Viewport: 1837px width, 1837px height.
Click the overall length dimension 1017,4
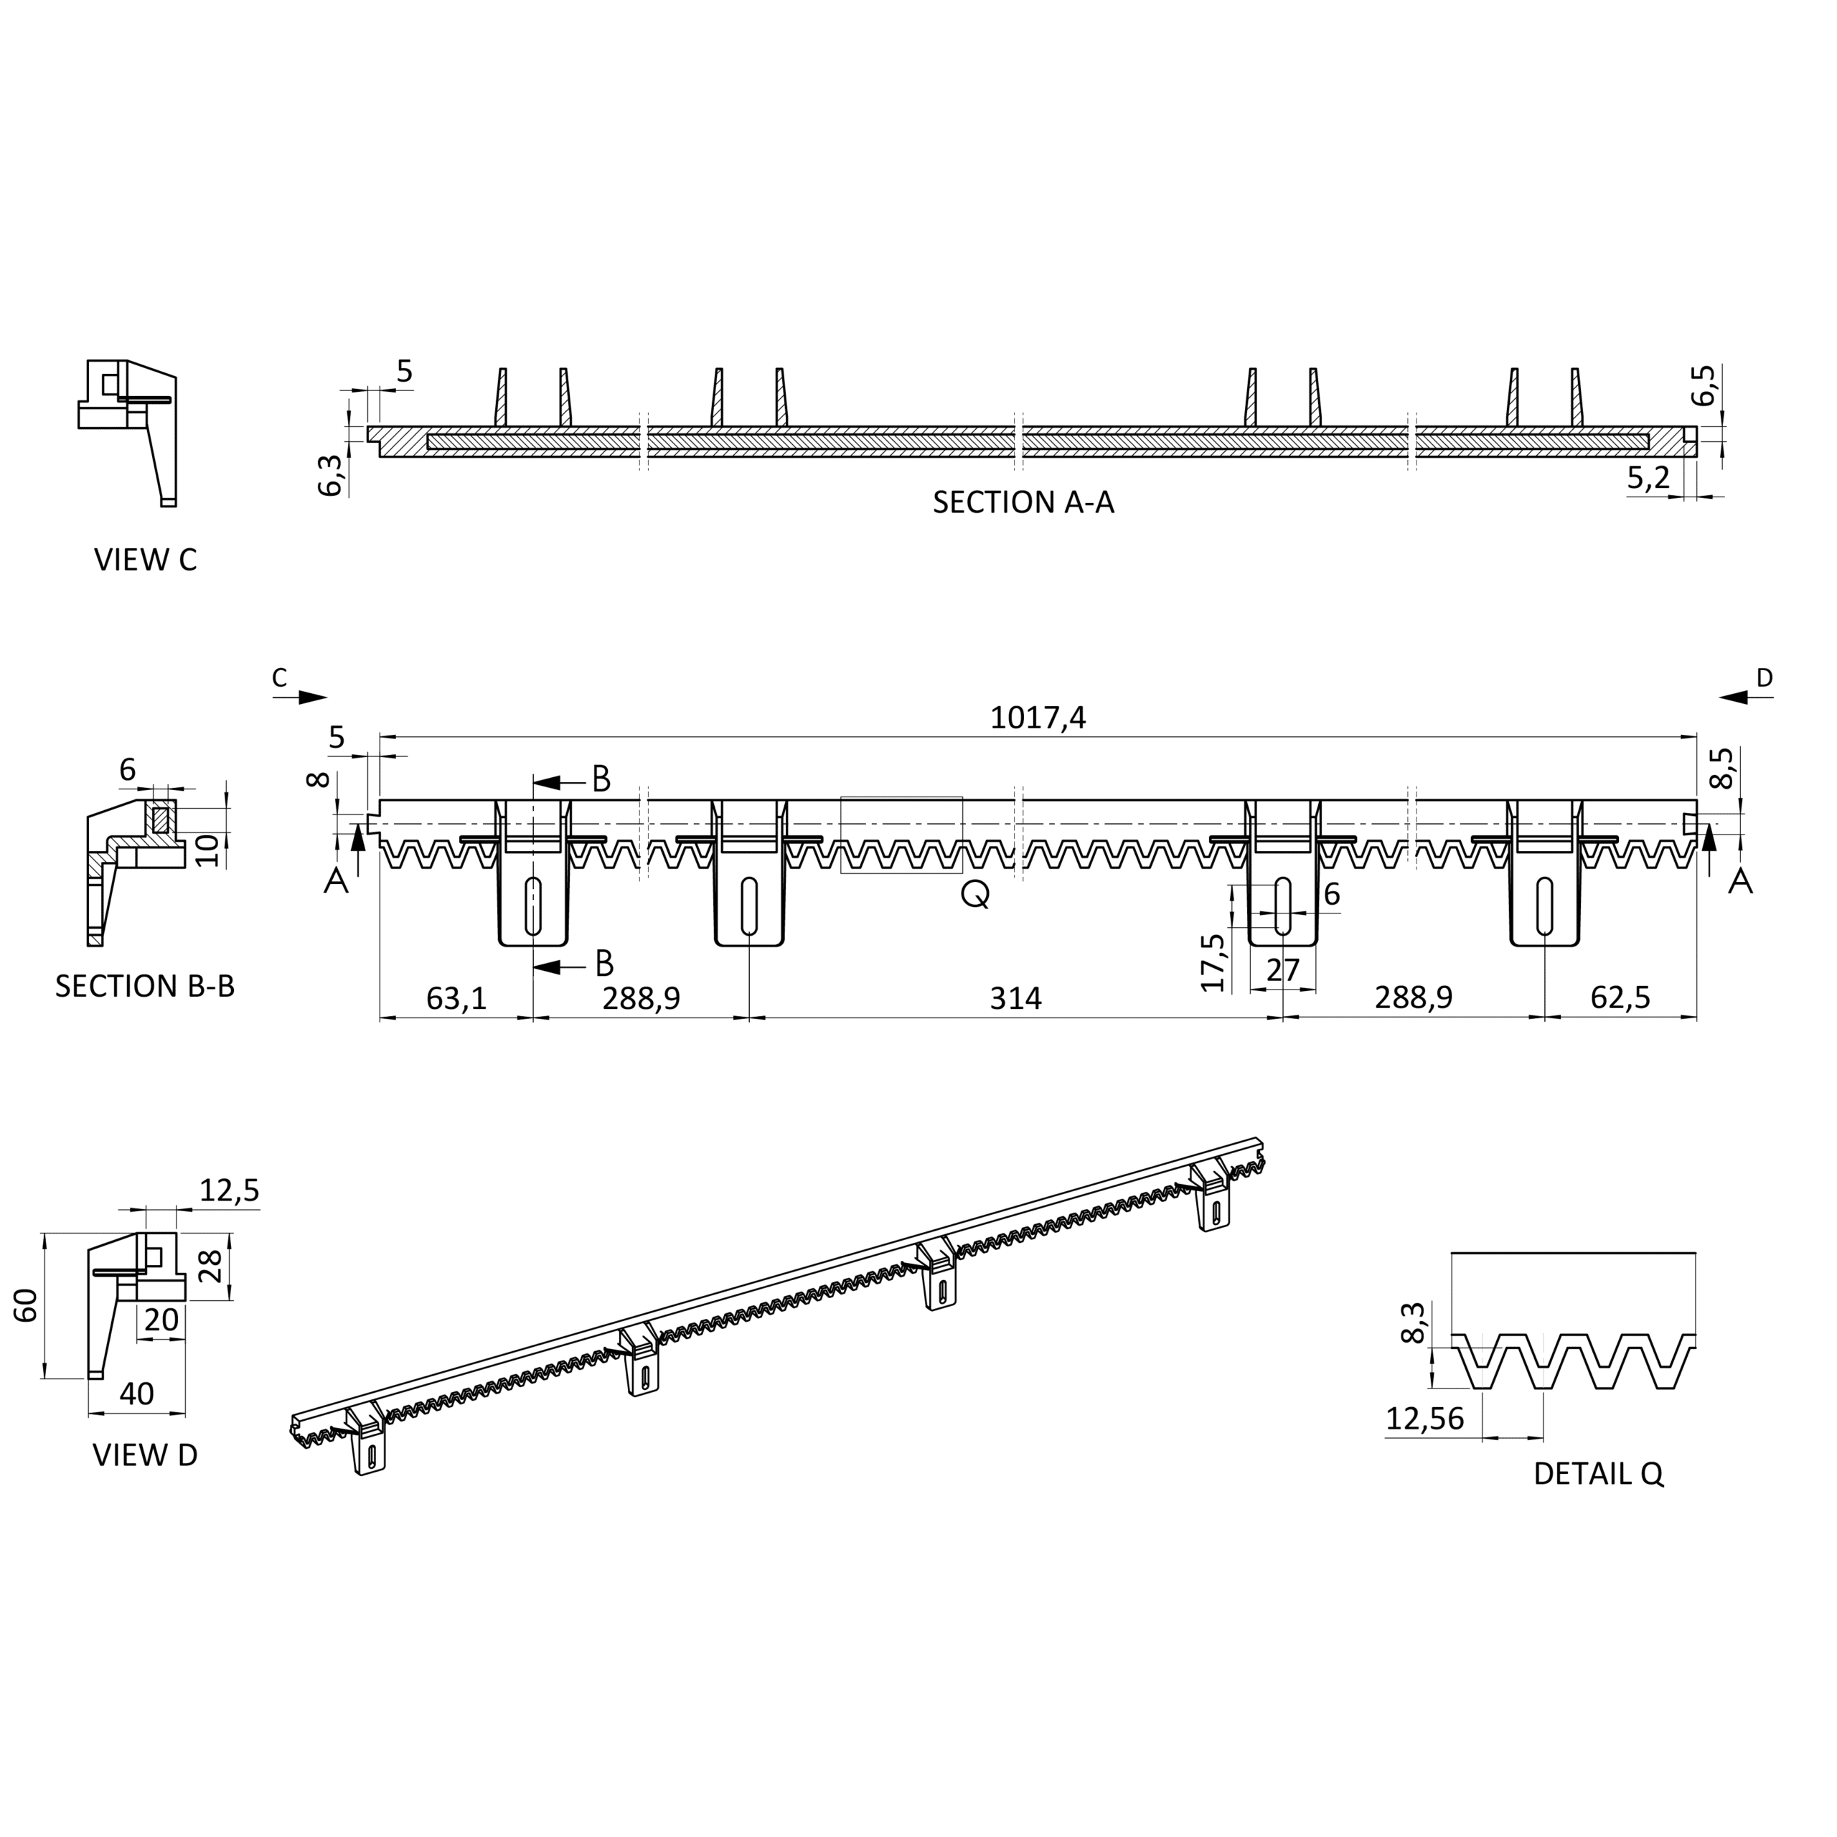point(1038,718)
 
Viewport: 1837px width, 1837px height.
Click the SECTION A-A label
point(1023,502)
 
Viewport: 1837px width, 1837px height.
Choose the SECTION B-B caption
point(144,986)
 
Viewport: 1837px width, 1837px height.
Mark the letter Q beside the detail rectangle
point(976,895)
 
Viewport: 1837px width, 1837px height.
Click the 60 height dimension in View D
point(27,1305)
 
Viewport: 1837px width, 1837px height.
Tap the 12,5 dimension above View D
point(229,1190)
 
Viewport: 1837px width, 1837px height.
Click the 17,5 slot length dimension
point(1213,962)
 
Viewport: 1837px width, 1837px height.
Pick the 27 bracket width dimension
point(1282,970)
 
